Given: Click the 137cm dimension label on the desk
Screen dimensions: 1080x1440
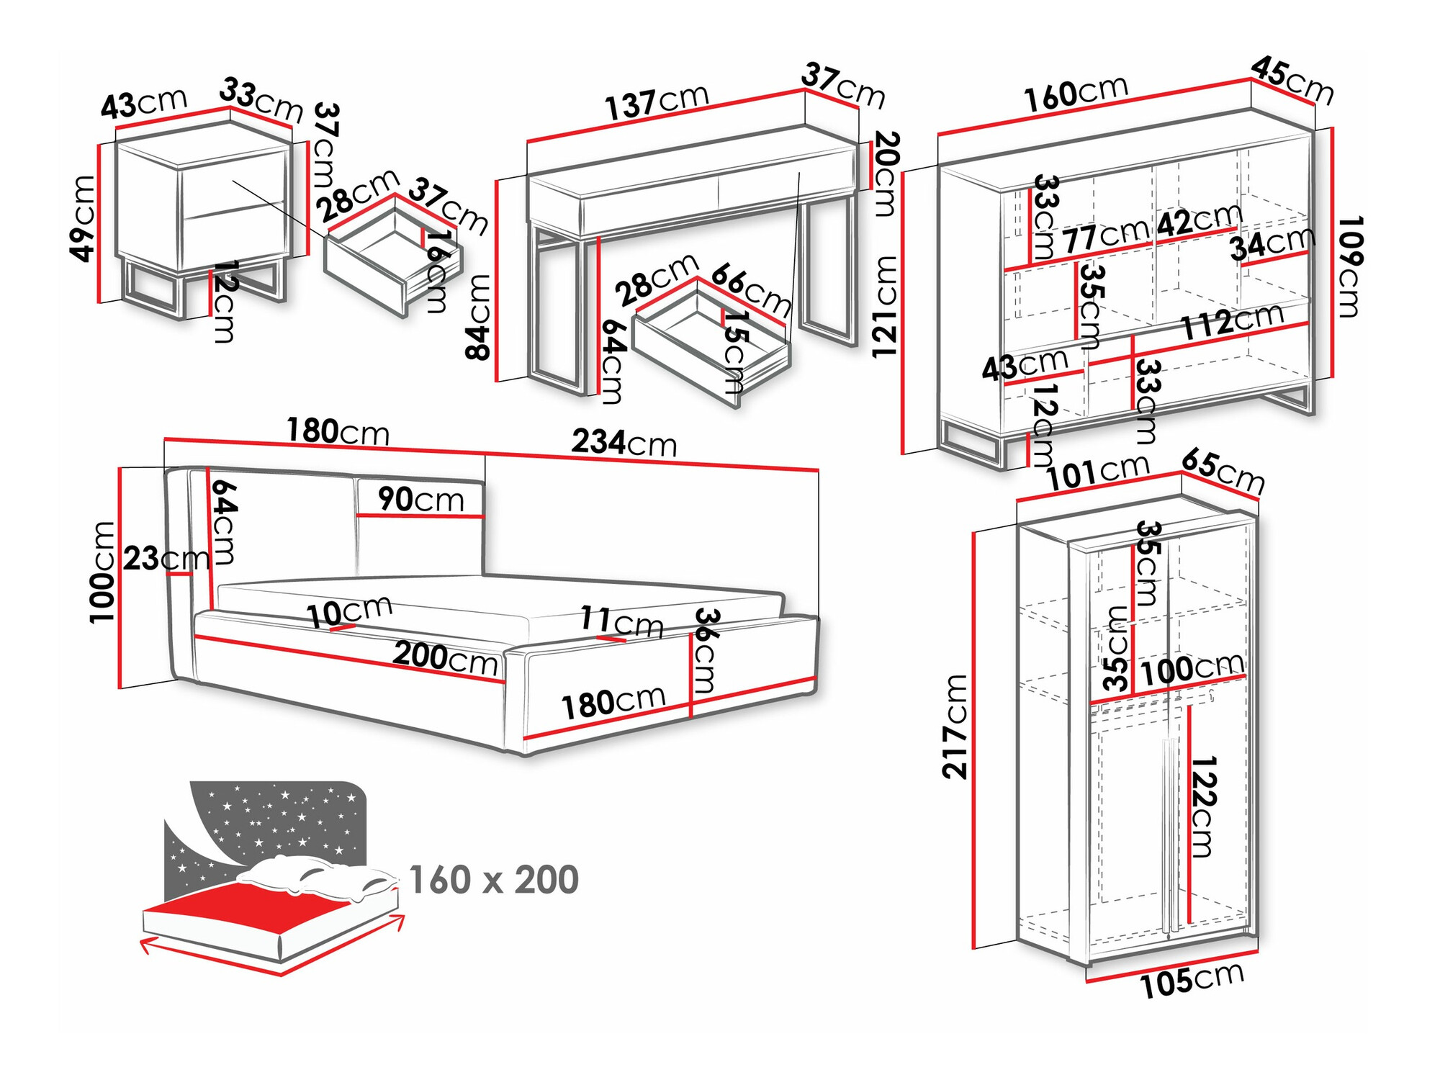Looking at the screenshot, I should coord(657,102).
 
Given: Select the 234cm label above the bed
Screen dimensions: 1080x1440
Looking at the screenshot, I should coord(624,442).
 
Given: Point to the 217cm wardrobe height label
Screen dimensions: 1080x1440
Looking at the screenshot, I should coord(955,726).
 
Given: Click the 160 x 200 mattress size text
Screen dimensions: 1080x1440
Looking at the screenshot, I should coord(493,880).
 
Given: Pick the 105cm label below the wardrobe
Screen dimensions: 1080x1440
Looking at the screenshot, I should coord(1192,981).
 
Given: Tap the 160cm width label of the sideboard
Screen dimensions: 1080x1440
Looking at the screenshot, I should coord(1076,94).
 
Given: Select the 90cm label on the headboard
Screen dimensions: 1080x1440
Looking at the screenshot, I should coord(421,499).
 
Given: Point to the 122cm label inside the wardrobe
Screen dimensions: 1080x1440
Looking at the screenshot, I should coord(1203,806).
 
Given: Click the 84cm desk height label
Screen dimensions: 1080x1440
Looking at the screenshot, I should coord(478,317).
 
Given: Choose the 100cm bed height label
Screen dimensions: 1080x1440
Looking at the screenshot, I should coord(102,572).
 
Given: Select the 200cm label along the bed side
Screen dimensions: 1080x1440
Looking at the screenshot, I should coord(445,657).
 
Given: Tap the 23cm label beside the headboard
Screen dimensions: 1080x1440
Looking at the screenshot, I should coord(166,558).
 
